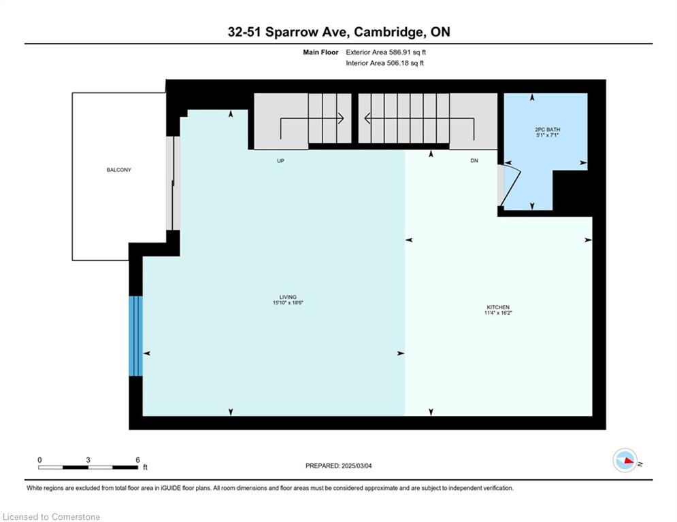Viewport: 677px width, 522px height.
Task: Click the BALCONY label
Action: [119, 170]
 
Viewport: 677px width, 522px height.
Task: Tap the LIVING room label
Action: [288, 297]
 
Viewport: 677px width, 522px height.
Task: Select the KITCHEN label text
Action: [498, 307]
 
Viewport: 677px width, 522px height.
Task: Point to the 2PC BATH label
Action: [547, 129]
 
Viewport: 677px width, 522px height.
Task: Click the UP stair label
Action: [280, 161]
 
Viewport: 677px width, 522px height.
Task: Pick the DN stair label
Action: [474, 160]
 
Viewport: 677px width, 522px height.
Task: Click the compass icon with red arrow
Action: [625, 460]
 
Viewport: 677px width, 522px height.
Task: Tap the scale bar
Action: [88, 467]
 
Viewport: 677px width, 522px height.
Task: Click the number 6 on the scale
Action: [137, 460]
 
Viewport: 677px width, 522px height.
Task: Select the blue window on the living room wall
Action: [135, 336]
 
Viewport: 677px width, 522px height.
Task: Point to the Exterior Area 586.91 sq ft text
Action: [386, 52]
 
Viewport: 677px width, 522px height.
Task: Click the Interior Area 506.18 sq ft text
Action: [384, 63]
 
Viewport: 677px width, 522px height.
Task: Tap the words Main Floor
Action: [320, 52]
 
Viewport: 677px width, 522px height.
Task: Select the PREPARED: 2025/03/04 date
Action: [339, 466]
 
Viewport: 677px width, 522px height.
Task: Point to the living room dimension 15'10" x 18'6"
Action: [288, 303]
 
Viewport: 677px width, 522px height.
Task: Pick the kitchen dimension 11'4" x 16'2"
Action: [498, 313]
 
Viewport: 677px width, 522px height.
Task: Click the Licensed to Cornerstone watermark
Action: [51, 517]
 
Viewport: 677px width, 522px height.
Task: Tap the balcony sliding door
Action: [173, 184]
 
